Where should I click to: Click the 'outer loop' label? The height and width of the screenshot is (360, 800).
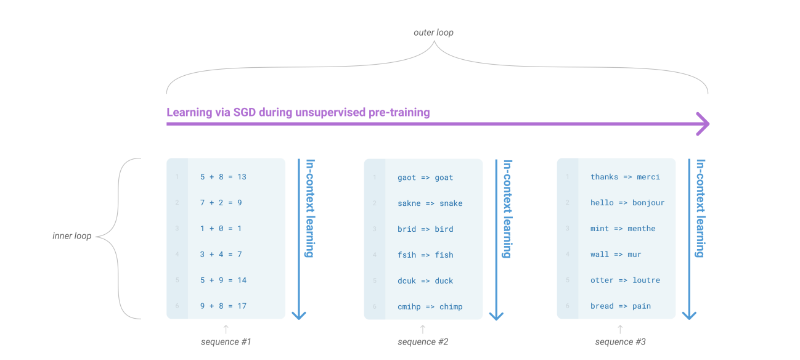coord(433,32)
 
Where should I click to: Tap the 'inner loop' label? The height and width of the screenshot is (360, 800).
coord(72,235)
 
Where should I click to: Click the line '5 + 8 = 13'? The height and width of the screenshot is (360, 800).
coord(223,177)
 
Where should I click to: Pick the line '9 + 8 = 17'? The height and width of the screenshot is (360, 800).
coord(223,306)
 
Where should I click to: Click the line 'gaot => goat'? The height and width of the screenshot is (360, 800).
coord(425,178)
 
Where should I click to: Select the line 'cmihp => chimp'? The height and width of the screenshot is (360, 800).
coord(430,306)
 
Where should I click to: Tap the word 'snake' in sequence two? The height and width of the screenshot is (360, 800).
coord(451,203)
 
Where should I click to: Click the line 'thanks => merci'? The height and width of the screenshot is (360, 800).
coord(625,177)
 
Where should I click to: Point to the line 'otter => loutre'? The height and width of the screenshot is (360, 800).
coord(625,280)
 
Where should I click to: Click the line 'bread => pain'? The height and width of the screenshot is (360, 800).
coord(620,306)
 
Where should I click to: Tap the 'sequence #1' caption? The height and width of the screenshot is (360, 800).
coord(226,342)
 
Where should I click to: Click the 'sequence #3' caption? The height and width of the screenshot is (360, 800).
coord(620,342)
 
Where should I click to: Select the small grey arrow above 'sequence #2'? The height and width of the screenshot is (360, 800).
coord(423,329)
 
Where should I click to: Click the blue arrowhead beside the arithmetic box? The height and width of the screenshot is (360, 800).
coord(299,314)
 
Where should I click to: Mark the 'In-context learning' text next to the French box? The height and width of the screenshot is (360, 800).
coord(701,208)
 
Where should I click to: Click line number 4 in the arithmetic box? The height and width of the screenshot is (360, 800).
coord(177,254)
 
